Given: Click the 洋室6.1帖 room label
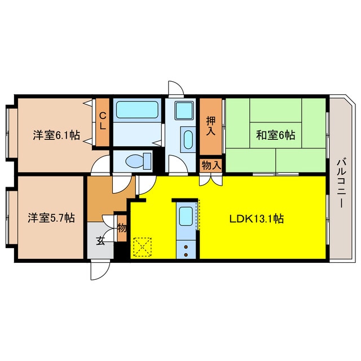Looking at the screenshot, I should click(x=55, y=135).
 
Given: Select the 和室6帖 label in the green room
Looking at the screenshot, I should click(x=276, y=135).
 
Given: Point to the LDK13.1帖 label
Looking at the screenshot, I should click(x=256, y=219).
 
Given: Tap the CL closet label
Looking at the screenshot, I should click(x=102, y=121).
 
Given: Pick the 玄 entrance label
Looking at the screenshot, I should click(x=100, y=241).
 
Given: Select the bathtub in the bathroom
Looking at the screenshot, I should click(x=137, y=110).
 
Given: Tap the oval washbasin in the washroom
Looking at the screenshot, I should click(x=187, y=139).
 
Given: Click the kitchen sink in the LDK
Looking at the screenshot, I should click(x=185, y=217).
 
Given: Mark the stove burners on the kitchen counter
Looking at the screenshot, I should click(x=185, y=249).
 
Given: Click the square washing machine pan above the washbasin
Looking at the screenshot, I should click(x=184, y=109).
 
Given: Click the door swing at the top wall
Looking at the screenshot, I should click(x=175, y=90).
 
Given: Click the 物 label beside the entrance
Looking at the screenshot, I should click(x=122, y=228).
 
